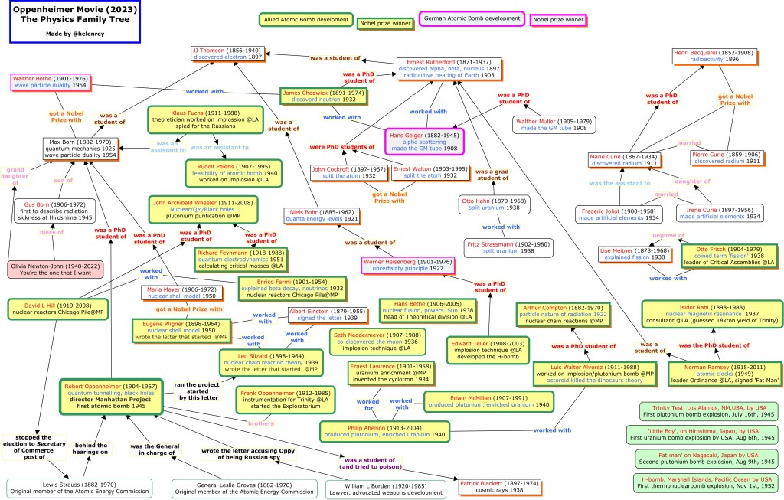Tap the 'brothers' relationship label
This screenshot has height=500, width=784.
[x=261, y=423]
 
